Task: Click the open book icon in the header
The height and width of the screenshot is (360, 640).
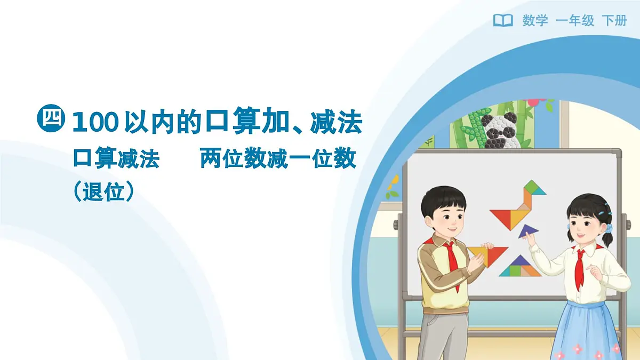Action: pyautogui.click(x=502, y=20)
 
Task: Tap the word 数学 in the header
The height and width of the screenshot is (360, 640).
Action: pyautogui.click(x=535, y=21)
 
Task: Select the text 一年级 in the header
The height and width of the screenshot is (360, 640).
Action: pyautogui.click(x=574, y=21)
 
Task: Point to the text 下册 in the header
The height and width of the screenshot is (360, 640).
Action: pyautogui.click(x=614, y=21)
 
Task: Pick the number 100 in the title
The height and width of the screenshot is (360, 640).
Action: pyautogui.click(x=94, y=123)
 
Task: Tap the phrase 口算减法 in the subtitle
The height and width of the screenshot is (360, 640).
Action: pyautogui.click(x=116, y=159)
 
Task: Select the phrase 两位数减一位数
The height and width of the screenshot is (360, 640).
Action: pyautogui.click(x=278, y=159)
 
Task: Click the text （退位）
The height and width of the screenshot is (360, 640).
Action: pyautogui.click(x=103, y=191)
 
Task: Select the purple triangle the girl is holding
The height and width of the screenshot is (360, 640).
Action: pyautogui.click(x=527, y=231)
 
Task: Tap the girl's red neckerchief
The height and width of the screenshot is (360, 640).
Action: pyautogui.click(x=580, y=267)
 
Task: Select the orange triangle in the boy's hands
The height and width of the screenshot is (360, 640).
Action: pyautogui.click(x=486, y=254)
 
